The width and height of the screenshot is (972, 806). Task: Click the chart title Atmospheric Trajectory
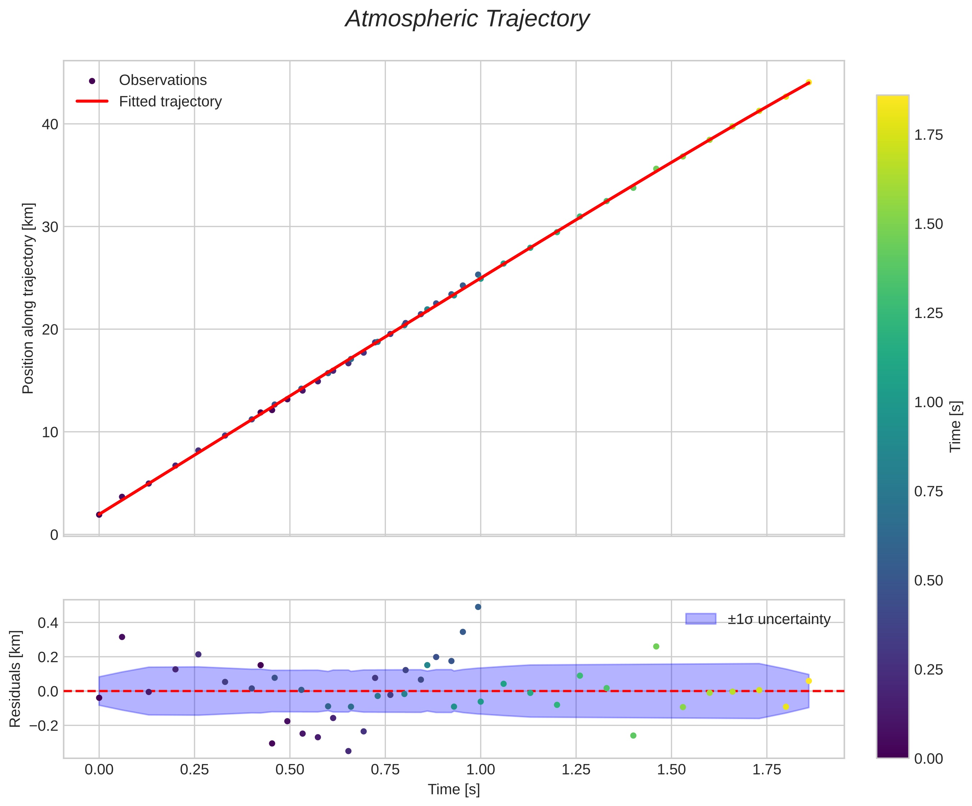click(467, 19)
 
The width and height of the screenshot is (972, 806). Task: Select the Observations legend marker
click(92, 81)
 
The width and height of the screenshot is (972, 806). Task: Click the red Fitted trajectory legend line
click(92, 101)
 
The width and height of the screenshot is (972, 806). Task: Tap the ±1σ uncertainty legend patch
click(700, 619)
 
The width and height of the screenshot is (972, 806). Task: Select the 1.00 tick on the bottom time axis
click(481, 770)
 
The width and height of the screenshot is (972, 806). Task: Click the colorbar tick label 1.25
click(929, 313)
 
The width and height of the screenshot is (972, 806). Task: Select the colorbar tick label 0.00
click(929, 759)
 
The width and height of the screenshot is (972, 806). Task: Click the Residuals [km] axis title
click(15, 679)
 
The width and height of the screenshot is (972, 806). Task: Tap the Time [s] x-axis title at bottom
click(454, 790)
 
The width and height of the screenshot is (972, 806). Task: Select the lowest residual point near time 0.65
click(348, 751)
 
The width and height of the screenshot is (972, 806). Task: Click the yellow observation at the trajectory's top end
click(809, 82)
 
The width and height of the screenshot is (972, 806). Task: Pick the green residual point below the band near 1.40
click(633, 736)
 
